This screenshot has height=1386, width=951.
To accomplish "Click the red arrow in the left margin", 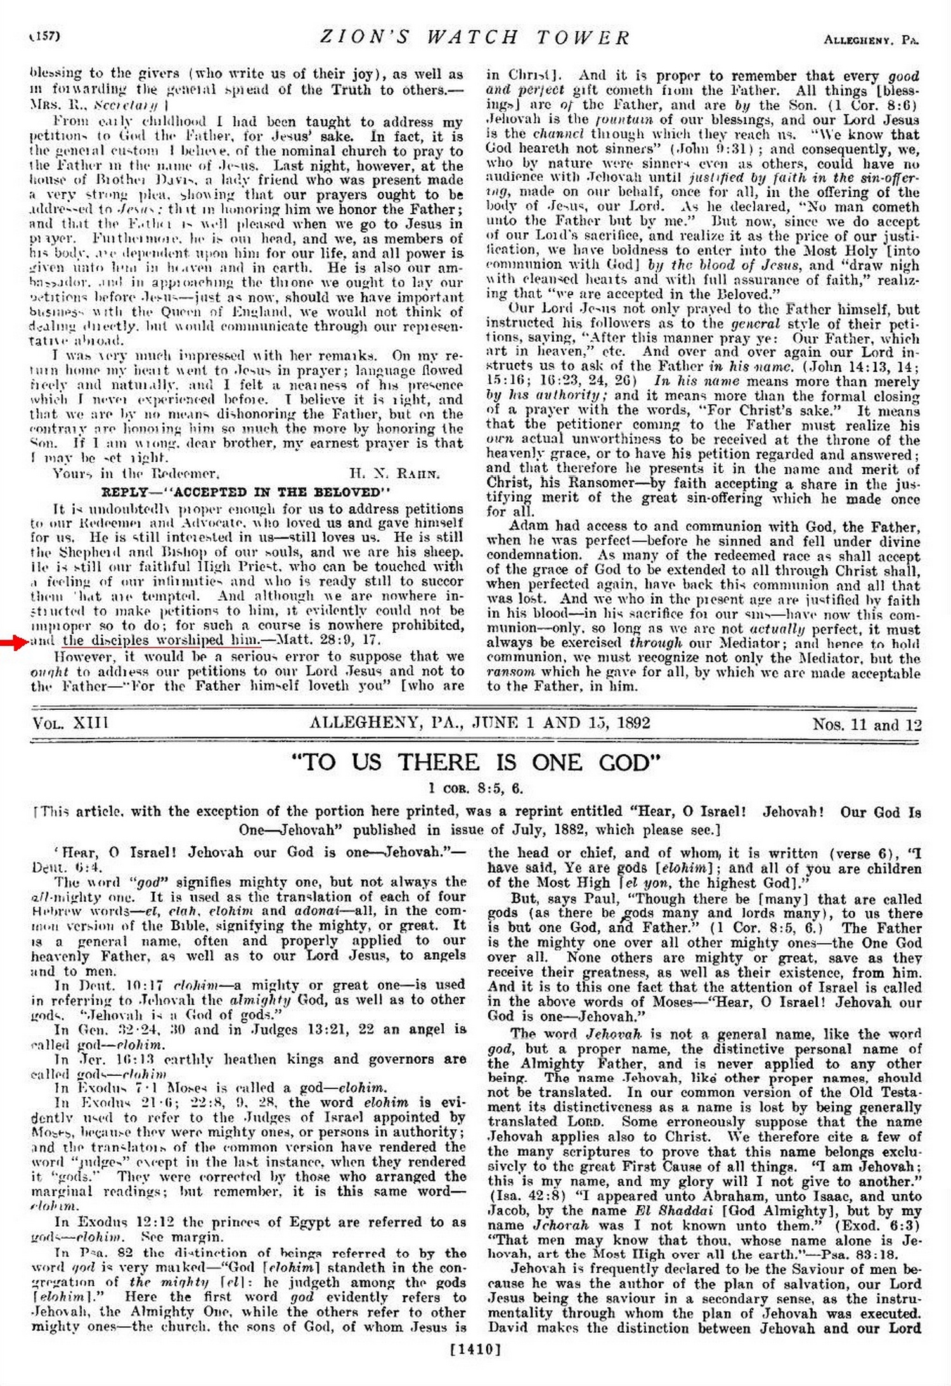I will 13,643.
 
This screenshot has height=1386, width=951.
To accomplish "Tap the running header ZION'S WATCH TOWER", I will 474,37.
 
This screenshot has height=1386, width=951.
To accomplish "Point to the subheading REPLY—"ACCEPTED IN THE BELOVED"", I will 246,492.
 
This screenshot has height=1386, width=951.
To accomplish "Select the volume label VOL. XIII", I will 70,723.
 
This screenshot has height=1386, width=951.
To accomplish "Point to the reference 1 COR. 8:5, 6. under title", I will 475,788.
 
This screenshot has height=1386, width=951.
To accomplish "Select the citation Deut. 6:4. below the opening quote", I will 67,866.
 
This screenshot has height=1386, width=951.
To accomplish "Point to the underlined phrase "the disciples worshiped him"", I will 161,641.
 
